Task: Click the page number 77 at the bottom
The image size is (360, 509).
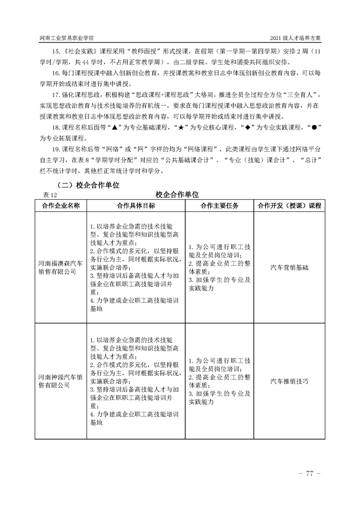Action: [x=311, y=474]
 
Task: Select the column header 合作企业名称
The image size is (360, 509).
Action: [x=60, y=206]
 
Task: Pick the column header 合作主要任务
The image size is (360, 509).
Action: [x=220, y=206]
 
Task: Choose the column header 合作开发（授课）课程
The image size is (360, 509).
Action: [x=289, y=206]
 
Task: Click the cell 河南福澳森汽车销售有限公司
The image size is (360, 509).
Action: [x=60, y=268]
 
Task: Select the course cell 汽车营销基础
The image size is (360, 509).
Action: [x=289, y=268]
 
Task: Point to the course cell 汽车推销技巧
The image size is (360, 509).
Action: [x=289, y=381]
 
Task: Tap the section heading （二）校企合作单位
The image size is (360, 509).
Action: [x=88, y=185]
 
